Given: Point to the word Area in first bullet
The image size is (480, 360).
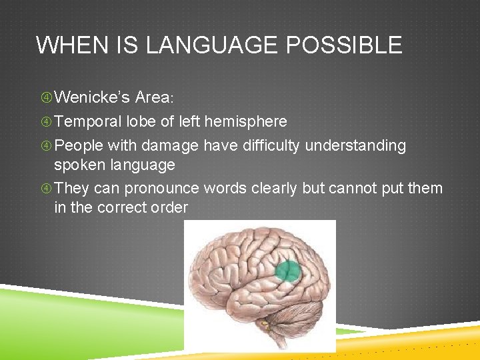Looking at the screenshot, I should tap(152, 97).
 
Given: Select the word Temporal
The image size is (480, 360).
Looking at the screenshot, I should tap(88, 121).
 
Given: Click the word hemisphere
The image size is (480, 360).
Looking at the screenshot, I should tap(247, 121).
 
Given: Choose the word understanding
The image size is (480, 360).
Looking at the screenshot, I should tap(355, 145).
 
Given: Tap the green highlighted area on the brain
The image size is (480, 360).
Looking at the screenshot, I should tap(289, 271).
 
